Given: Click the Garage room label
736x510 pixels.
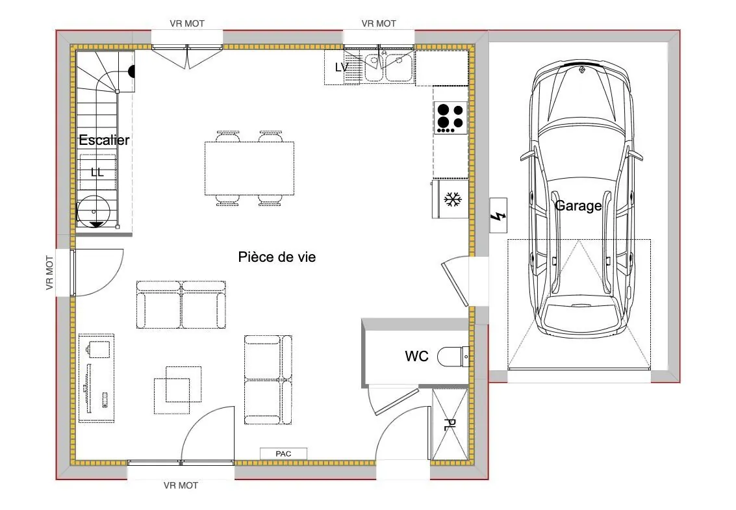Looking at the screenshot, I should coord(577,206).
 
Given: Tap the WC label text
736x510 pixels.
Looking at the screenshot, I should coord(416,357).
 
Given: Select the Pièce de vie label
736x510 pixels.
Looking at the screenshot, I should coord(277,257).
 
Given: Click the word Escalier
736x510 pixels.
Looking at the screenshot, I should coord(104,140).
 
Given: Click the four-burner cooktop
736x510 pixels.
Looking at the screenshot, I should coord(450,118).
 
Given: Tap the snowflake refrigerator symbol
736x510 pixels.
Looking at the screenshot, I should coord(451,200).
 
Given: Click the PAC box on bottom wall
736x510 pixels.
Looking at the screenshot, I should coord(283,453).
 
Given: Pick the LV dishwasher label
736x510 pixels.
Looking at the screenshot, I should coord(341,68).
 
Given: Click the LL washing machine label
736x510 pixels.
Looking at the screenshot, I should coord(97,172).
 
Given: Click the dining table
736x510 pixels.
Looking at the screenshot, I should coord(249,168).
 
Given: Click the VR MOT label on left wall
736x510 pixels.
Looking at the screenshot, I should coord(49,273).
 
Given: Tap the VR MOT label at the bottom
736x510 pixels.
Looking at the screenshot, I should coord(181,485).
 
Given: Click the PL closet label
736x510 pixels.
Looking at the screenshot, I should coord(450,426).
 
